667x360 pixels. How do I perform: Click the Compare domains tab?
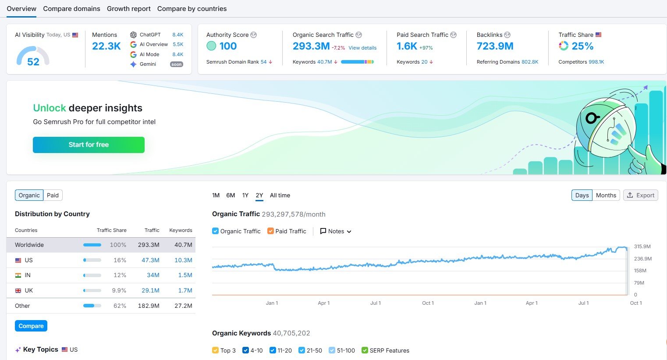[x=71, y=9]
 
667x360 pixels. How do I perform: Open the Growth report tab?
[x=128, y=9]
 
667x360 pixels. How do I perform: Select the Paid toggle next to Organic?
[x=53, y=195]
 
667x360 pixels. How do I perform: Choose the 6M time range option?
[x=231, y=195]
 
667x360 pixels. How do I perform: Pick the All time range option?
[x=280, y=195]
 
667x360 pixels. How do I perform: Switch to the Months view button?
[x=606, y=195]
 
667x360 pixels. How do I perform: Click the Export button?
[x=640, y=195]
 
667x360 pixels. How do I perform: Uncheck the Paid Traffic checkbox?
[x=270, y=231]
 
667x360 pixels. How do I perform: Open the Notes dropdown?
[x=336, y=231]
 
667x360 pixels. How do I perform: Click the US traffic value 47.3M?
[x=150, y=260]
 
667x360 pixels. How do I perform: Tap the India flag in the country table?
[x=18, y=275]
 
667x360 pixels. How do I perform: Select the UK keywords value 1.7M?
[x=185, y=290]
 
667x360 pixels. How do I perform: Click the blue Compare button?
[x=31, y=326]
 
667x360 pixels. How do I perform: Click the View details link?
[x=362, y=48]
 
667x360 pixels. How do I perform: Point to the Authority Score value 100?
[x=228, y=46]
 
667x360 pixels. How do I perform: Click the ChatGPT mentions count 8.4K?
[x=177, y=35]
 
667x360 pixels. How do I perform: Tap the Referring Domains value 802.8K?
[x=530, y=62]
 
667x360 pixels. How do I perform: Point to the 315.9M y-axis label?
[x=642, y=246]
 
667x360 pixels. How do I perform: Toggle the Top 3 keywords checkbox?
[x=215, y=350]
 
